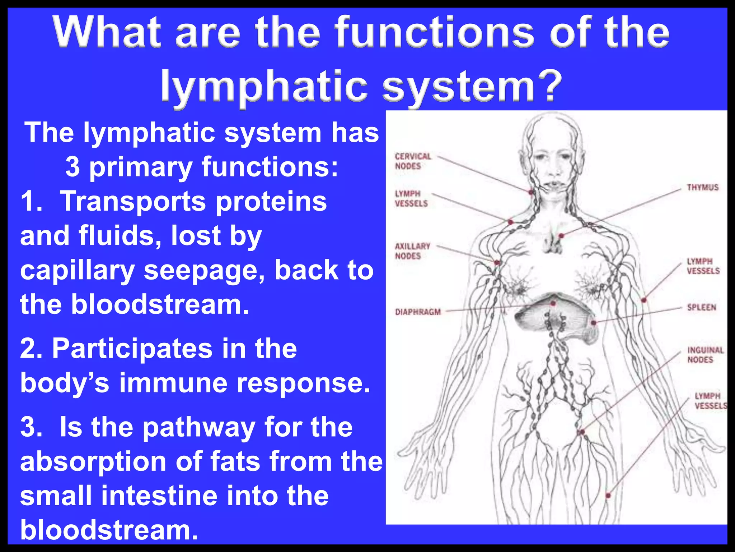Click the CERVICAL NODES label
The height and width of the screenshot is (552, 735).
[413, 161]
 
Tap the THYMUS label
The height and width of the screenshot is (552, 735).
[702, 187]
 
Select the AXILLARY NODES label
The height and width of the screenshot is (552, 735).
[412, 251]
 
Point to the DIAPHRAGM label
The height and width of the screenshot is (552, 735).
[418, 312]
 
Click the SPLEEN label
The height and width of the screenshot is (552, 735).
[701, 307]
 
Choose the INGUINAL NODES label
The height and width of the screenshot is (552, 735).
[705, 355]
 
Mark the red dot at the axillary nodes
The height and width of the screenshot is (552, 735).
[497, 263]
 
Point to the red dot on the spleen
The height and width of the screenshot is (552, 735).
[594, 323]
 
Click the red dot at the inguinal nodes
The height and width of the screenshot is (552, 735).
[582, 432]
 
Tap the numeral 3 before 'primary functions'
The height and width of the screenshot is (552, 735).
[72, 167]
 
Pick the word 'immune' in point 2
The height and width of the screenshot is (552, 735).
[173, 383]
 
